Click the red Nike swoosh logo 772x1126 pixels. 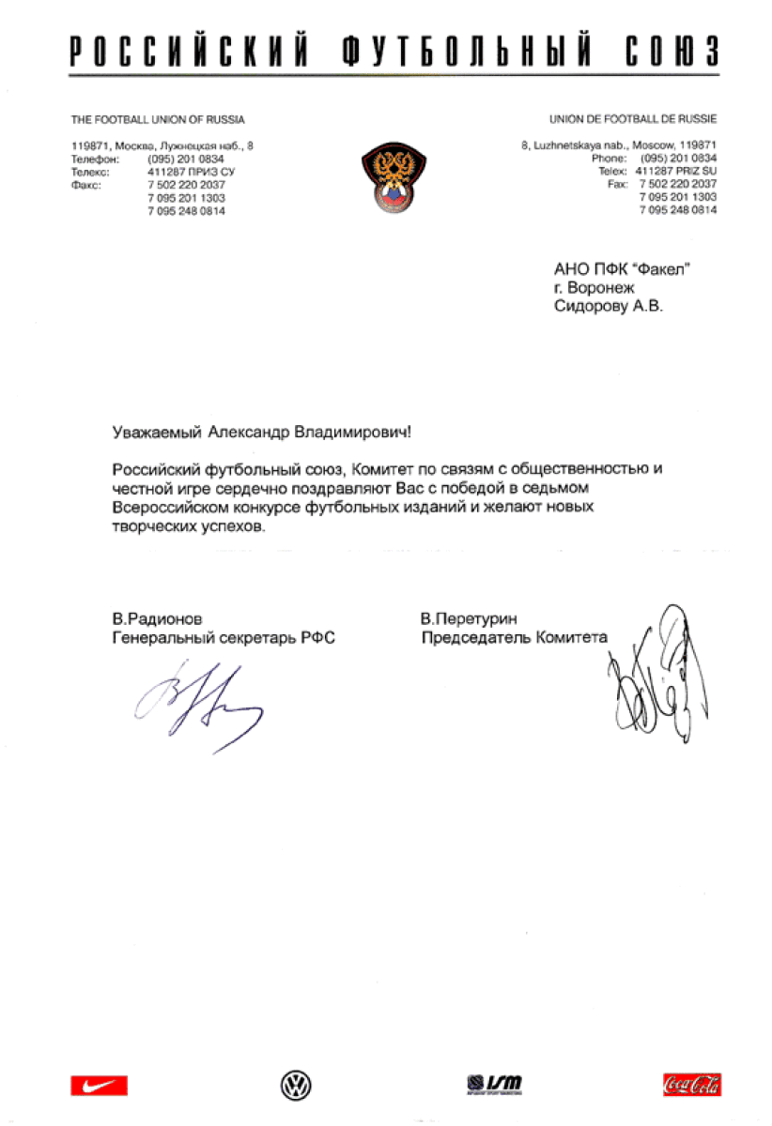coord(99,1086)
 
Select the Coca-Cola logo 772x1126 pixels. coord(691,1086)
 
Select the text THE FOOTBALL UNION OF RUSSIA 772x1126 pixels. coord(158,120)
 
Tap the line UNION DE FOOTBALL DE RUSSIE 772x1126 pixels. coord(633,120)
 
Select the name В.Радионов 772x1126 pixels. coord(157,618)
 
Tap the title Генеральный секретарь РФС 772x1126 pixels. coord(224,637)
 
